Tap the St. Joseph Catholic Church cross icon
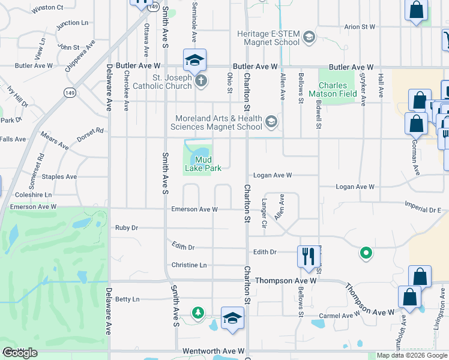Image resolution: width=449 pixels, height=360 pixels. click(200, 81)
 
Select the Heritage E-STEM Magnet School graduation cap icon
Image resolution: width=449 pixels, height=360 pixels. click(309, 38)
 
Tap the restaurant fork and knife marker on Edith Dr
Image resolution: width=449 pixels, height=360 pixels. click(307, 256)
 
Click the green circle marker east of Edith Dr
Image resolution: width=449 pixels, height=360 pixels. click(365, 253)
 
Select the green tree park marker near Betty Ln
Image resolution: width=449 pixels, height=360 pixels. click(197, 313)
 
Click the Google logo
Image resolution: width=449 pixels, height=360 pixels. click(20, 353)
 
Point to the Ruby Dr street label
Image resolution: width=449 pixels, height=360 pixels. click(127, 228)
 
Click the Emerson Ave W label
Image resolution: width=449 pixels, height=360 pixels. click(194, 209)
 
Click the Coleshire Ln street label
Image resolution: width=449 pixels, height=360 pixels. click(34, 195)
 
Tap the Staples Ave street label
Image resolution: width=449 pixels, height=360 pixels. click(59, 177)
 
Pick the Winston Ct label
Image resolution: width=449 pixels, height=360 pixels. click(47, 8)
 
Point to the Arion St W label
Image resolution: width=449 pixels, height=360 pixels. click(360, 27)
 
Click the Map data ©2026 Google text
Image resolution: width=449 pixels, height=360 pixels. click(411, 356)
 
